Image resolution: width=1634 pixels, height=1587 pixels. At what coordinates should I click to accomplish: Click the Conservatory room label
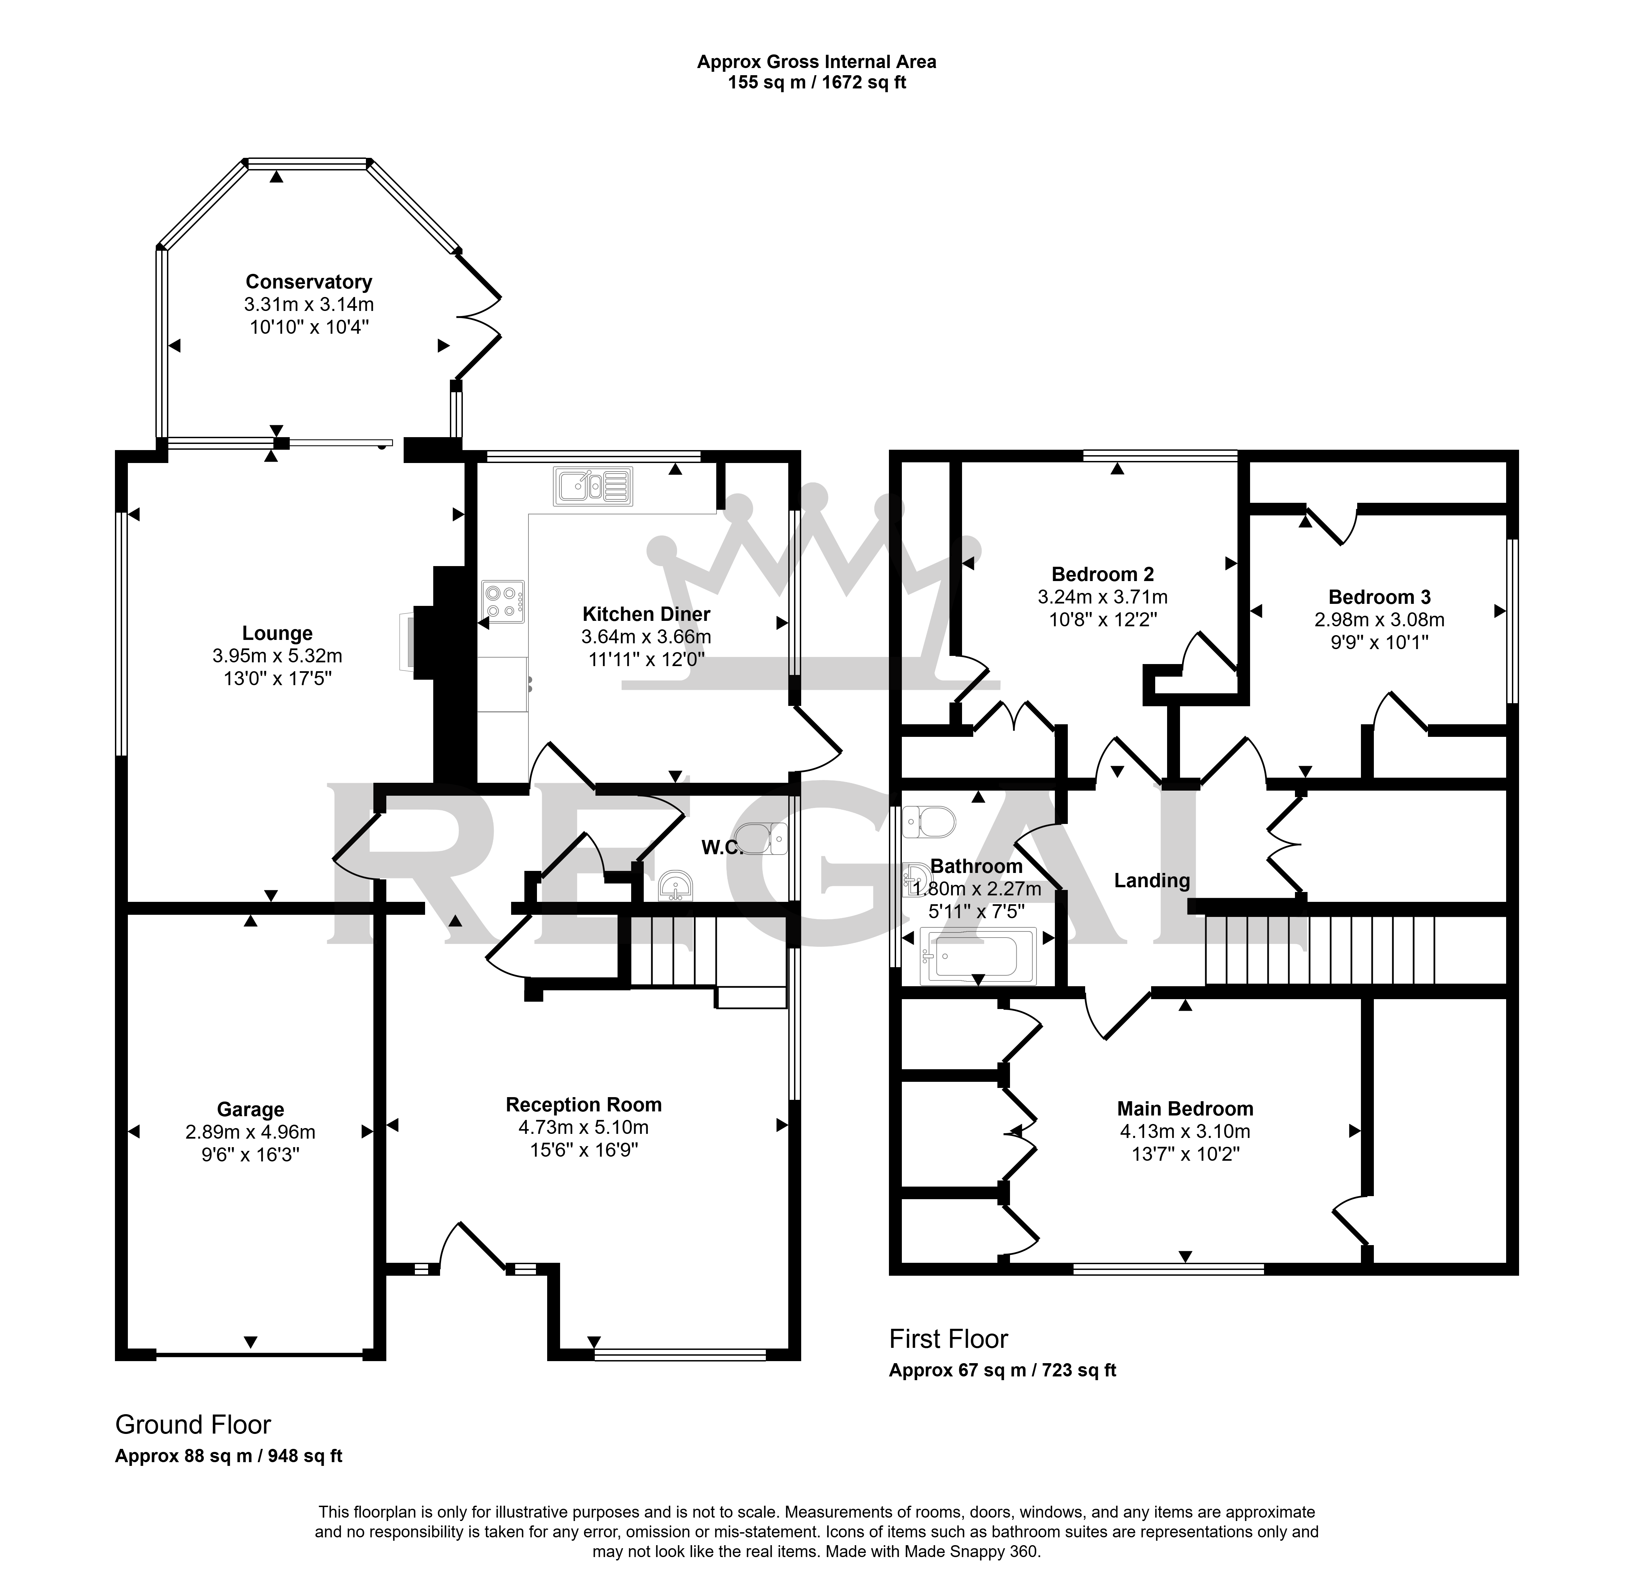coord(308,282)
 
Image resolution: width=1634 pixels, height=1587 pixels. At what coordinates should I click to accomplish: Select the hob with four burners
coord(503,601)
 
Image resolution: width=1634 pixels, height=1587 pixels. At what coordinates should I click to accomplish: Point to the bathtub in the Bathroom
coord(977,956)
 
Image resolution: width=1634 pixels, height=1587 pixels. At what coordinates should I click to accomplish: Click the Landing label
coord(1152,881)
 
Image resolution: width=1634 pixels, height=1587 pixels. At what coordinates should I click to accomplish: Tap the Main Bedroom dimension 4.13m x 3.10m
coord(1185,1132)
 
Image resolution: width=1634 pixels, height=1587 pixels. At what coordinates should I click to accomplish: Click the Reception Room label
coord(584,1105)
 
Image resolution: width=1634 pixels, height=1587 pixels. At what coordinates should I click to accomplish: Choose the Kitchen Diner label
coord(646,615)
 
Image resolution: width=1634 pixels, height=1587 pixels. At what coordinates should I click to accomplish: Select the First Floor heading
coord(949,1338)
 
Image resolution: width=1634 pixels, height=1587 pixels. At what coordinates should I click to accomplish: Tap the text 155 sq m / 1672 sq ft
coord(817,83)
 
